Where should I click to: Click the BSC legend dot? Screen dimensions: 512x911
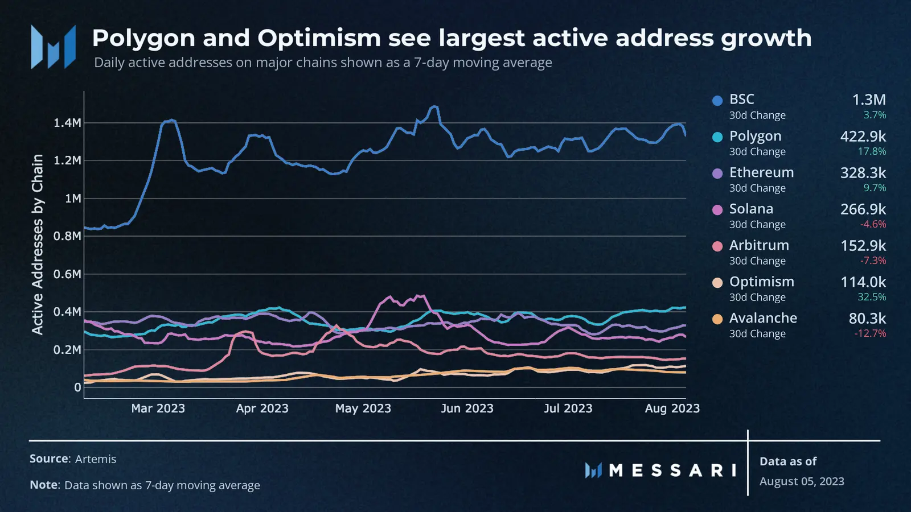pyautogui.click(x=717, y=101)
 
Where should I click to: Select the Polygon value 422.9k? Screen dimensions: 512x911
pyautogui.click(x=863, y=137)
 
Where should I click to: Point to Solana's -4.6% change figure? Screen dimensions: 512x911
pyautogui.click(x=873, y=224)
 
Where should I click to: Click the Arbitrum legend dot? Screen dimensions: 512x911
pyautogui.click(x=717, y=246)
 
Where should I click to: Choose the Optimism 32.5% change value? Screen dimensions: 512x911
pyautogui.click(x=872, y=297)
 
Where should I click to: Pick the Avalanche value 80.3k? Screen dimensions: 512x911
pyautogui.click(x=867, y=319)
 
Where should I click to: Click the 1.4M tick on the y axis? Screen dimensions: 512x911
pyautogui.click(x=67, y=123)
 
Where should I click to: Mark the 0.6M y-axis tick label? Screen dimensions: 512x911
pyautogui.click(x=67, y=274)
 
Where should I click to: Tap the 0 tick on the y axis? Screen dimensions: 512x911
pyautogui.click(x=77, y=387)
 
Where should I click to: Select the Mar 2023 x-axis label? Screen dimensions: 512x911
pyautogui.click(x=158, y=408)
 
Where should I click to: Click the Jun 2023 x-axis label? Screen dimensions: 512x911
pyautogui.click(x=467, y=408)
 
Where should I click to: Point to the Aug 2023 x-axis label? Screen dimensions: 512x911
pyautogui.click(x=672, y=408)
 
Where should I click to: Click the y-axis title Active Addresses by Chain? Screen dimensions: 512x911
pyautogui.click(x=38, y=245)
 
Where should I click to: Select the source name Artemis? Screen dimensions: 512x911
pyautogui.click(x=96, y=459)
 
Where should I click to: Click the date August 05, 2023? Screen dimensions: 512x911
pyautogui.click(x=802, y=481)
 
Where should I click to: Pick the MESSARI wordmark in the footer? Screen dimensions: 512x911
pyautogui.click(x=672, y=470)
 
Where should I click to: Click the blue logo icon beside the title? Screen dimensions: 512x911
pyautogui.click(x=53, y=47)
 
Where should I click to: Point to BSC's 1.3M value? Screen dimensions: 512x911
pyautogui.click(x=869, y=100)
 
